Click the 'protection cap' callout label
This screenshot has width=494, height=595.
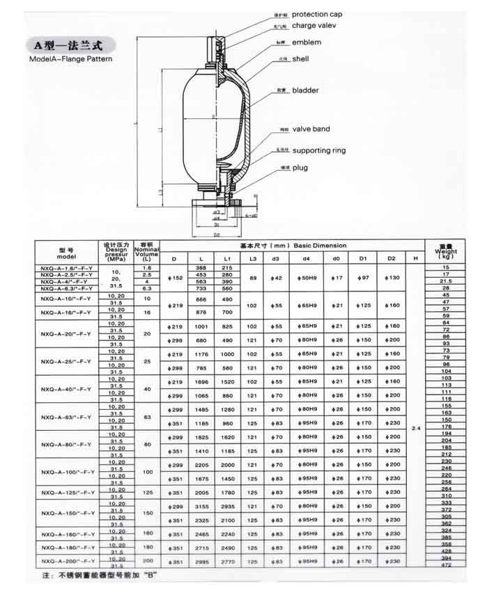point(316,15)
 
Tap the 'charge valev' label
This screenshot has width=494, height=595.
point(314,26)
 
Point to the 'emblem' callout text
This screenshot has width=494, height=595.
point(307,42)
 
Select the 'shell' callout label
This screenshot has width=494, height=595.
point(300,59)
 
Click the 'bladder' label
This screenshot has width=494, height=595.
point(305,90)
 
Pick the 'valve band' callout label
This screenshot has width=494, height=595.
point(311,129)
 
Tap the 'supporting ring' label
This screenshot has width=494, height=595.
point(318,150)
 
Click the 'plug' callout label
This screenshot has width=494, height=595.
point(300,168)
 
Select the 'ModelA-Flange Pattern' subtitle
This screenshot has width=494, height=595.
point(71,59)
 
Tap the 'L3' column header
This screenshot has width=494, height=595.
point(252,259)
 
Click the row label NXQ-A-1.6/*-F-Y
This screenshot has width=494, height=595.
point(66,268)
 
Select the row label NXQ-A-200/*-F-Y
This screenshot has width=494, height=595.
point(68,561)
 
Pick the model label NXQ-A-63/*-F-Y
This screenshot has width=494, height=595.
point(66,417)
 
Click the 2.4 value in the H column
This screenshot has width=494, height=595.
point(417,427)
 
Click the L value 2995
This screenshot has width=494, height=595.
point(202,561)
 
